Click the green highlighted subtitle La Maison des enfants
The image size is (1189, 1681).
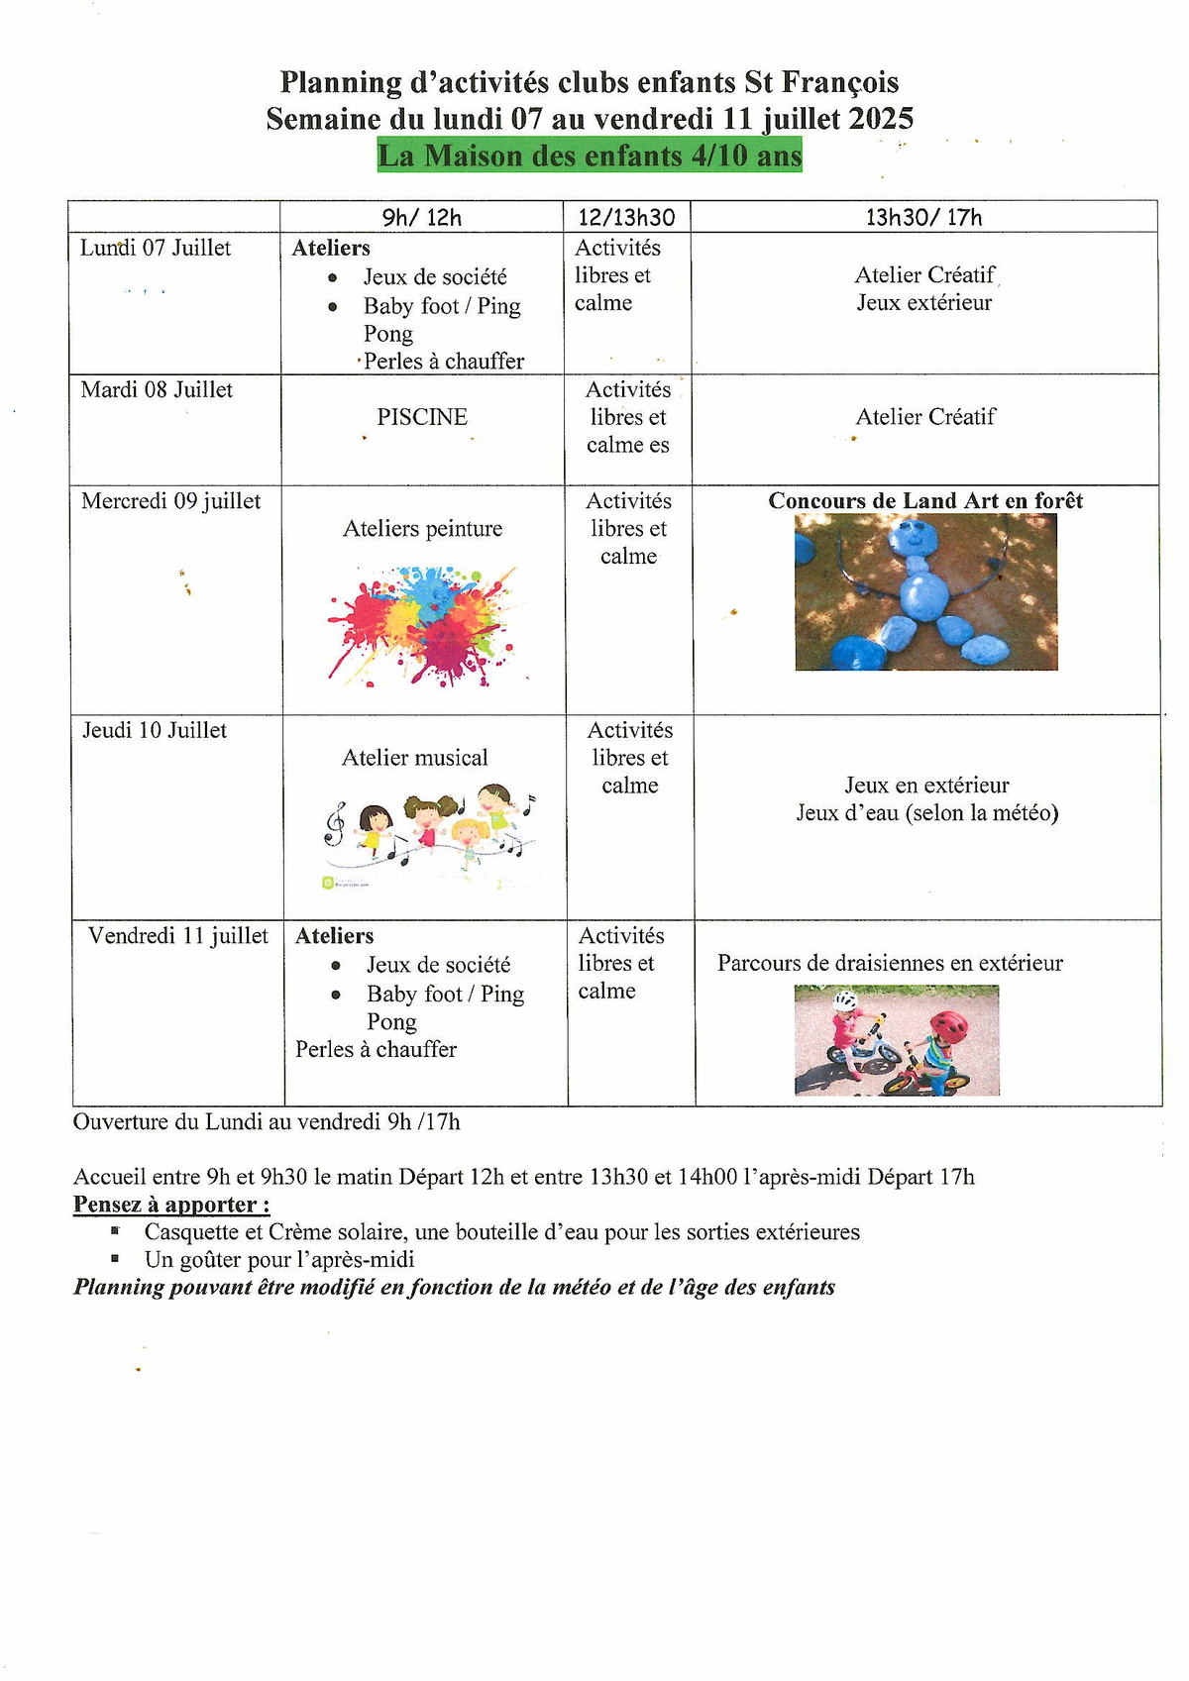pos(590,157)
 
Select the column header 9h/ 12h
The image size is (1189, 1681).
pos(422,217)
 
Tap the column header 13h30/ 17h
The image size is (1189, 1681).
pos(923,217)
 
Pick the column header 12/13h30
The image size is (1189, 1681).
pos(627,217)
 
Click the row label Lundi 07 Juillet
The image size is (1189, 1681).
pos(156,248)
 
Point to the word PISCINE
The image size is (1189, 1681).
pos(422,417)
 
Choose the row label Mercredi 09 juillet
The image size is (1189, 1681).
pos(171,501)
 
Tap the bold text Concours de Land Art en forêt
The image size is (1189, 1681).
pos(925,501)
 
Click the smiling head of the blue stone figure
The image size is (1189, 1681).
pos(919,540)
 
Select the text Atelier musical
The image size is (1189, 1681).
pos(415,758)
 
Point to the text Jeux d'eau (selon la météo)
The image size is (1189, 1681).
pos(927,813)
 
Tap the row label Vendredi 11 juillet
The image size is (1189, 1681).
pos(178,936)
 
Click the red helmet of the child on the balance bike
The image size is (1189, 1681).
pos(948,1026)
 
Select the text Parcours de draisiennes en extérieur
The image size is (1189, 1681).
pos(890,963)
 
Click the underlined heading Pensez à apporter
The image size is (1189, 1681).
pos(171,1205)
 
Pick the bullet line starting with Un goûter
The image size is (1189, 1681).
pos(279,1260)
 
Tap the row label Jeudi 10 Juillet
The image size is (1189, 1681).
pos(155,731)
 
